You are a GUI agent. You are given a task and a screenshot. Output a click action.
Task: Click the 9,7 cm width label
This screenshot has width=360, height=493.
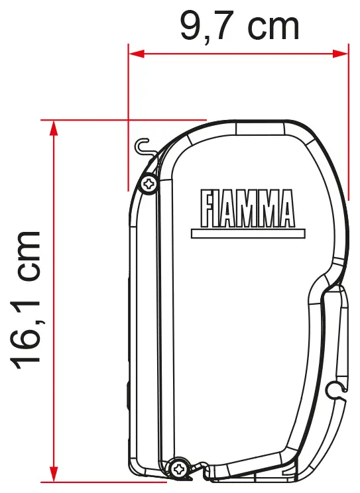pos(239,26)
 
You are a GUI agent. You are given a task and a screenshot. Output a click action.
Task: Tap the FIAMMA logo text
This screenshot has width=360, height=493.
pos(248,209)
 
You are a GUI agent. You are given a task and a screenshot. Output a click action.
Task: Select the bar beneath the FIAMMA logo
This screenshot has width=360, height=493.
pos(248,233)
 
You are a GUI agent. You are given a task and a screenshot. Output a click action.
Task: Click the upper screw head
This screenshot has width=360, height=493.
pos(149,184)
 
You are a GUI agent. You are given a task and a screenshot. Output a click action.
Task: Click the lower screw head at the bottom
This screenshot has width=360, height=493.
pos(178,470)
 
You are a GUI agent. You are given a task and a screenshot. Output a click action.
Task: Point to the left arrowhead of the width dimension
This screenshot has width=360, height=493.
pos(137,54)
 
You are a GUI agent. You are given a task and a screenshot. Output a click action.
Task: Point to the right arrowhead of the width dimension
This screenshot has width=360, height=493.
pos(340,54)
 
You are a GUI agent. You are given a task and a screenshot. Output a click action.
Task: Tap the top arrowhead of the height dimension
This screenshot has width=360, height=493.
pos(54,129)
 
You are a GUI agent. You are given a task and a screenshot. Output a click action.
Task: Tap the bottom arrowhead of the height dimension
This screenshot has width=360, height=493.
pos(54,474)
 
